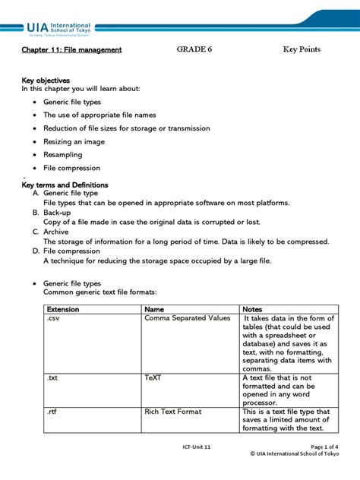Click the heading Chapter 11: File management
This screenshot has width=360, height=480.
click(72, 49)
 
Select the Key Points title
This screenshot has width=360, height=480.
click(302, 49)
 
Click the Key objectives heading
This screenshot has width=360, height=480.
click(46, 80)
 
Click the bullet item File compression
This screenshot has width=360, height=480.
click(71, 168)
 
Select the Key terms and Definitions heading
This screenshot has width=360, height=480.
click(65, 185)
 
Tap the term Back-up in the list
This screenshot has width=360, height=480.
click(58, 213)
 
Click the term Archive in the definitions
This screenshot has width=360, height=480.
click(55, 232)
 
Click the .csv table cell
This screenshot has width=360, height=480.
click(53, 318)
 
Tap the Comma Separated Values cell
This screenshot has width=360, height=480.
click(187, 318)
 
